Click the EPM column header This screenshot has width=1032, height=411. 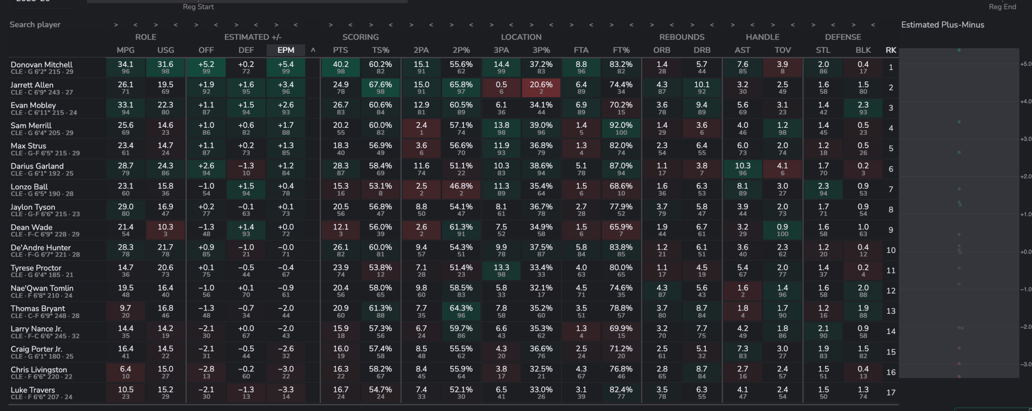point(286,50)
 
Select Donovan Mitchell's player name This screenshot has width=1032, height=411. point(42,65)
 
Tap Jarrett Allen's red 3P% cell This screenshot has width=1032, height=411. point(541,88)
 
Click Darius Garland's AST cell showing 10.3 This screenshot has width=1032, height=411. point(742,169)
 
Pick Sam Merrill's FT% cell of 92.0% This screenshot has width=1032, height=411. point(621,128)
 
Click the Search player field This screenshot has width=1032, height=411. point(35,25)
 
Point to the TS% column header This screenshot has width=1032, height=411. point(381,50)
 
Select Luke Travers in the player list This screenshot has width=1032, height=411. point(33,390)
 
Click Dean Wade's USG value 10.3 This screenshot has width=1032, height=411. point(165,229)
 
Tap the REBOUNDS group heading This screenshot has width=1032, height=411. point(682,37)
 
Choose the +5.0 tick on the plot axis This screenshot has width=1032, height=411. point(1026,64)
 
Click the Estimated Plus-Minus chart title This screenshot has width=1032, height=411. point(943,25)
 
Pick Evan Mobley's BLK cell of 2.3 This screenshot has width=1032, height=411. point(863,108)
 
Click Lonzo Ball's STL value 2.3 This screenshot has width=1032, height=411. point(823,189)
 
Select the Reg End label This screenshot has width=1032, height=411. point(1002,7)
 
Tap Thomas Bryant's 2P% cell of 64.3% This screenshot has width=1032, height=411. point(461,311)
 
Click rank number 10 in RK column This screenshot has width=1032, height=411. point(891,250)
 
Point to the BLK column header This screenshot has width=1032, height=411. point(863,50)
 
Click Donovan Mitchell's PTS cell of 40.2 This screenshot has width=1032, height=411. point(341,67)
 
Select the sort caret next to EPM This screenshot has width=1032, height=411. point(313,50)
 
